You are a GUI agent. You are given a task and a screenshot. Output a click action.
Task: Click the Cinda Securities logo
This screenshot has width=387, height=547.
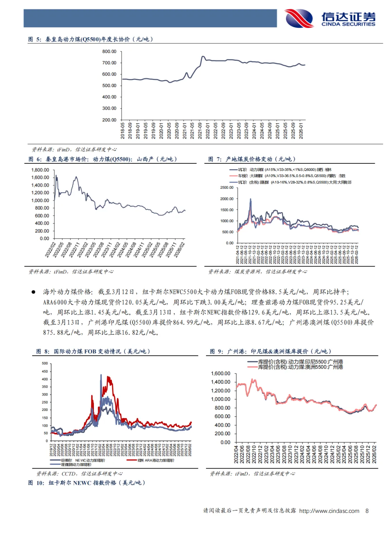click(x=330, y=19)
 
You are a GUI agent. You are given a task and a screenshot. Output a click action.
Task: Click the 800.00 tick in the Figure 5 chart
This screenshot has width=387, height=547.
click(x=109, y=52)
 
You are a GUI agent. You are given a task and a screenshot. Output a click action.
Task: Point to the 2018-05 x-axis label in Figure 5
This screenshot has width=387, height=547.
click(x=123, y=131)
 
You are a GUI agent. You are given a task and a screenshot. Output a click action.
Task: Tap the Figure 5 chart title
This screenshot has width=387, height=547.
click(x=91, y=39)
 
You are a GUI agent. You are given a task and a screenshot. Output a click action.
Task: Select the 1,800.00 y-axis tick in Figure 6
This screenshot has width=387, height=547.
click(x=40, y=170)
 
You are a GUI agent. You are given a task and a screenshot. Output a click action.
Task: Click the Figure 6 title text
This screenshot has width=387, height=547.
click(x=102, y=159)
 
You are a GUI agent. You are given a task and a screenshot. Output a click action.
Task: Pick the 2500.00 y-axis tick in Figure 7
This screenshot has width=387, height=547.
click(x=226, y=188)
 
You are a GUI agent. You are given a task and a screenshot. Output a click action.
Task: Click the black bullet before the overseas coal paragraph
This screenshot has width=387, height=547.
click(x=33, y=292)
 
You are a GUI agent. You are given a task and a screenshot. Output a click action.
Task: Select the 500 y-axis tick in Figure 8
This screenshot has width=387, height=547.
click(x=45, y=364)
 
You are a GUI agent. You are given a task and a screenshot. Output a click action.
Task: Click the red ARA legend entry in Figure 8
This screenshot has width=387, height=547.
click(x=156, y=460)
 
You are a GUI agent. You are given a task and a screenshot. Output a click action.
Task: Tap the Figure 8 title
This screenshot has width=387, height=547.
click(x=93, y=351)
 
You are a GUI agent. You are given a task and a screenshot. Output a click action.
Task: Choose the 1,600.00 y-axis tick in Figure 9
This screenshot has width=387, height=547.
click(x=220, y=374)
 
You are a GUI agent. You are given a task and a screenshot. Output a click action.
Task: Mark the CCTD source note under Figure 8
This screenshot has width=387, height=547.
click(x=79, y=474)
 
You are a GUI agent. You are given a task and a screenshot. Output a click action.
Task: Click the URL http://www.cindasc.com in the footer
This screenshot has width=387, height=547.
click(x=329, y=511)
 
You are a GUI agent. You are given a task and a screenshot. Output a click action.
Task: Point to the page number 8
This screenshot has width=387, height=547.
click(x=367, y=511)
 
